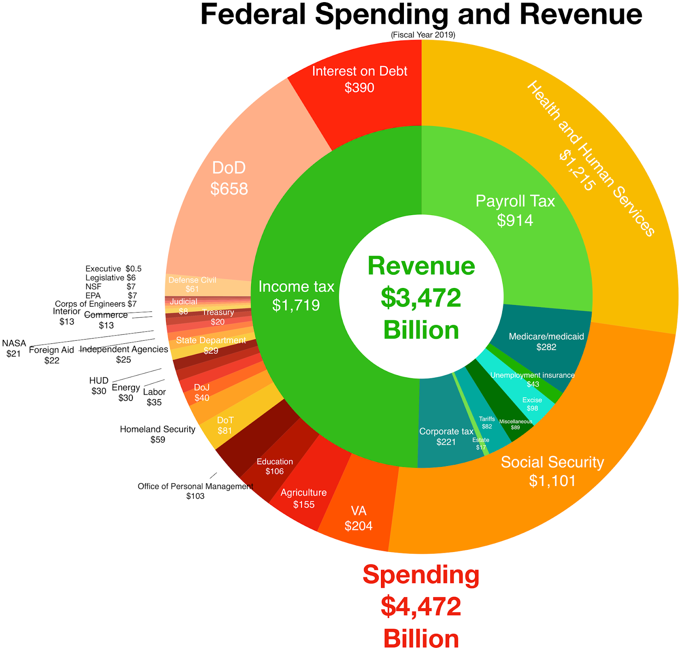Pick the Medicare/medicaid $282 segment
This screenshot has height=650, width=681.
coord(546,341)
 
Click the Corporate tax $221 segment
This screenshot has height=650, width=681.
coord(446,436)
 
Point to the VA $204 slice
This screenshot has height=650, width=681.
coord(358,518)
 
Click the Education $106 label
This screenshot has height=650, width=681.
coord(275,466)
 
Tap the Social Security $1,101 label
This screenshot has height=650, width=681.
coord(552,471)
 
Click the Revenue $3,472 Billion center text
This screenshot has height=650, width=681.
coord(421,298)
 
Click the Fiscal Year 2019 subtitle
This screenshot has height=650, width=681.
coord(423,35)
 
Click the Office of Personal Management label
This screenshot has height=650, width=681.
coord(195,486)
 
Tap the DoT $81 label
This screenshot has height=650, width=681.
coord(225,426)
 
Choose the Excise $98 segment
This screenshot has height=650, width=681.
coord(532,404)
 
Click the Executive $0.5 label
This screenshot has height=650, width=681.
coord(113,269)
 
